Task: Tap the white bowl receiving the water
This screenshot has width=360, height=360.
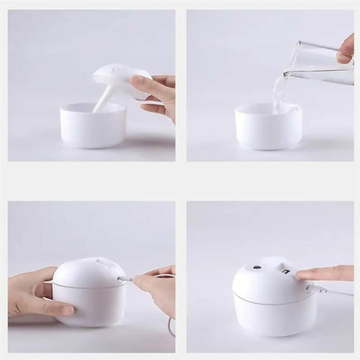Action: point(268,129)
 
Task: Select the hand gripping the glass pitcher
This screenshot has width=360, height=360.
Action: point(345,49)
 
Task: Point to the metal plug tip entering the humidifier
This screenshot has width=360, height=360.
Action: point(125,279)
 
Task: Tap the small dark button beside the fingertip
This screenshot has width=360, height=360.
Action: point(284,273)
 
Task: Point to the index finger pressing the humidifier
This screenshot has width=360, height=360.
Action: point(323,273)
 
